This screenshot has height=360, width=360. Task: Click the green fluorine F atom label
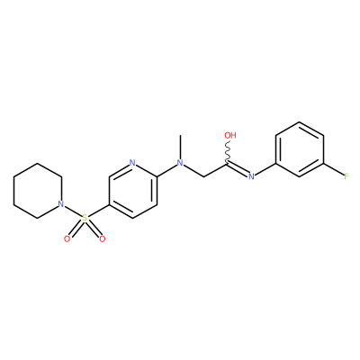346,176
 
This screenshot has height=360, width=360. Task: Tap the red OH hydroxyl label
230,135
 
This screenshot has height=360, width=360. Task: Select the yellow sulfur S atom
85,218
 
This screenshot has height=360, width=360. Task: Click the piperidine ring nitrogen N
61,204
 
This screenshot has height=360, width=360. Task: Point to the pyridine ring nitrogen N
132,163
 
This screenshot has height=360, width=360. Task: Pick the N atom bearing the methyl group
180,163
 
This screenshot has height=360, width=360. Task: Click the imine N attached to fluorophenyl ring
251,176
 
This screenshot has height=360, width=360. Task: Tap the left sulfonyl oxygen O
67,238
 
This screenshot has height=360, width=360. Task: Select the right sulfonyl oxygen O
103,238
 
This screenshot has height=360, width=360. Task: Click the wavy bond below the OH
228,152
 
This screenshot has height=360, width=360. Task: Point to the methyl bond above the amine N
180,147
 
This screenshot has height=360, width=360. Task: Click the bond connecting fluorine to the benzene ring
333,169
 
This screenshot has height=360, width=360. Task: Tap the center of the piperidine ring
38,191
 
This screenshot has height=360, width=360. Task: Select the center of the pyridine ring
132,191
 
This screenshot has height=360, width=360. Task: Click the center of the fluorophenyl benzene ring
300,149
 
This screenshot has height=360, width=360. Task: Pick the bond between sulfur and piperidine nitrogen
73,211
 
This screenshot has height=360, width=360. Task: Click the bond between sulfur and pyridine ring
98,211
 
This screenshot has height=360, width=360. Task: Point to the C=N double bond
238,169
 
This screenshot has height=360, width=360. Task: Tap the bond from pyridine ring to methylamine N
166,170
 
